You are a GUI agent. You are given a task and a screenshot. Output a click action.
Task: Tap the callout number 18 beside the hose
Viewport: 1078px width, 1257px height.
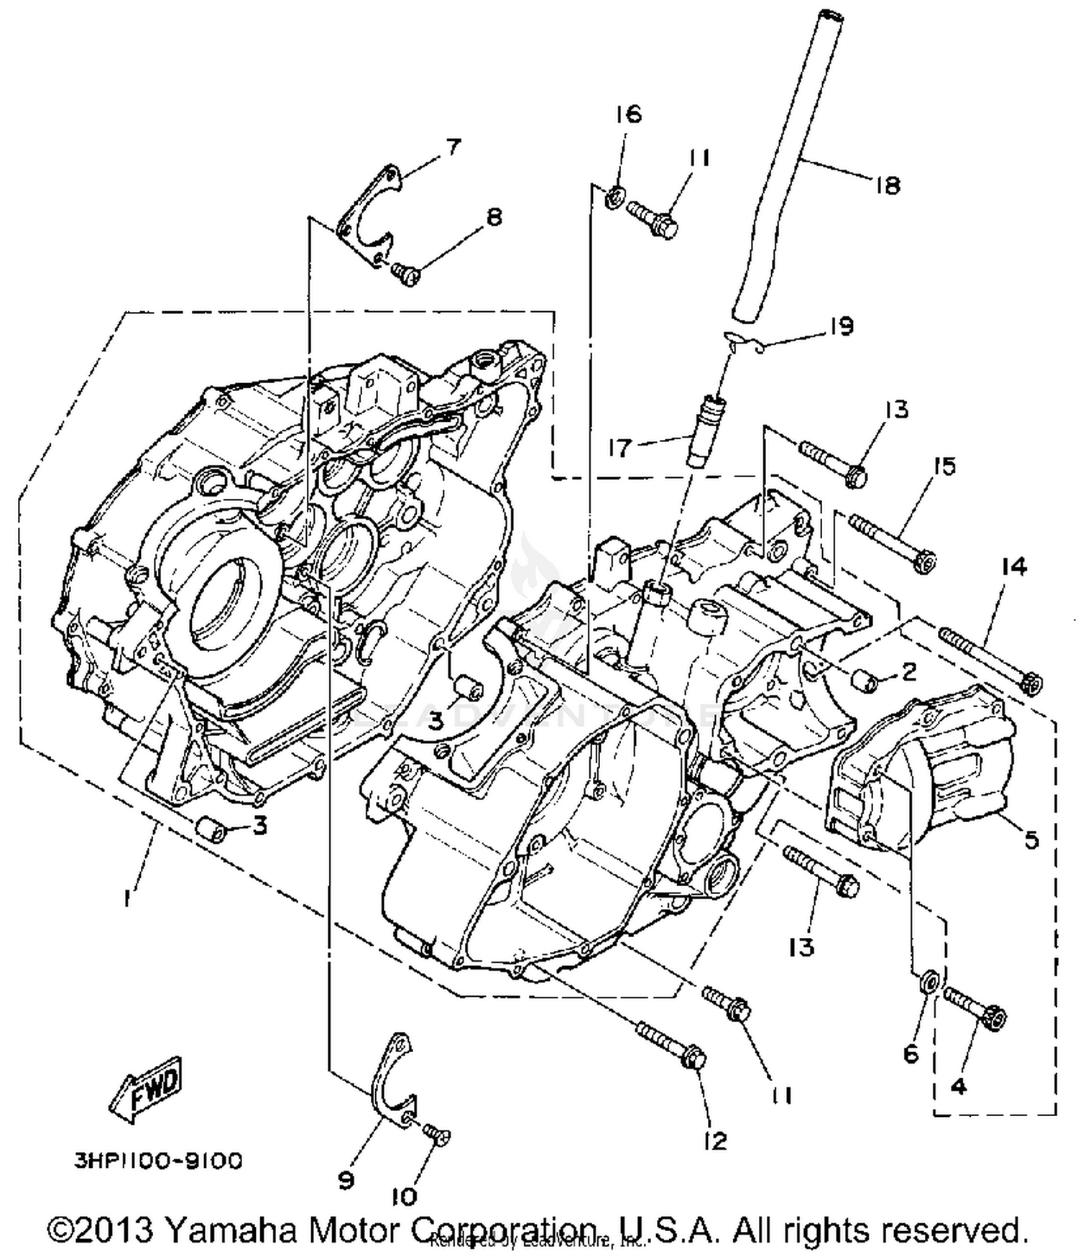point(888,186)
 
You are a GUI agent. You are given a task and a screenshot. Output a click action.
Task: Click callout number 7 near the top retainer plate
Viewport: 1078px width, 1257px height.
point(451,147)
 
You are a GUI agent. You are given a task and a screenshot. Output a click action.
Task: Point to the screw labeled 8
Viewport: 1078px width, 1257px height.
point(405,274)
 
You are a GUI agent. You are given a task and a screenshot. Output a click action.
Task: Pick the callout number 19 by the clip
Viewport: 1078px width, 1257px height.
point(840,326)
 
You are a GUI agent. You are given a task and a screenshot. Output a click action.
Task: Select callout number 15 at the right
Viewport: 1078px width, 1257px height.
point(944,466)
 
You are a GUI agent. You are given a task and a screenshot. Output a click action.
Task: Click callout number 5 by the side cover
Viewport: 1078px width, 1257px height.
point(1031,839)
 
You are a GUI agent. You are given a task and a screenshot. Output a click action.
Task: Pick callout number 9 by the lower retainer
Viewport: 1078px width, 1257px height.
point(346,1180)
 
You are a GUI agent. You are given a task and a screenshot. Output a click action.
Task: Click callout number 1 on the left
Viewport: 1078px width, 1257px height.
point(127,898)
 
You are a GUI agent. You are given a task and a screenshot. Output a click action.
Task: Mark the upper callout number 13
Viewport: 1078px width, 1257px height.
point(896,410)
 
